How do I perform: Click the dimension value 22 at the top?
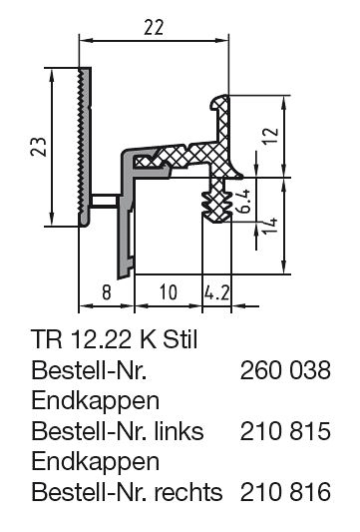click(154, 28)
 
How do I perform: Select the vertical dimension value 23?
click(39, 147)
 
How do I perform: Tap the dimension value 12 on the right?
click(271, 136)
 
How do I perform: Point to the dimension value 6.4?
click(243, 201)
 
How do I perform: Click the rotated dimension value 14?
click(270, 224)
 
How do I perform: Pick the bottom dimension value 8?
click(107, 292)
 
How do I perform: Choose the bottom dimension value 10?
click(169, 292)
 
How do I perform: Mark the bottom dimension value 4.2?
click(217, 292)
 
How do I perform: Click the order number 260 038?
click(285, 370)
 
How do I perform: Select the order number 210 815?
click(285, 431)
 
